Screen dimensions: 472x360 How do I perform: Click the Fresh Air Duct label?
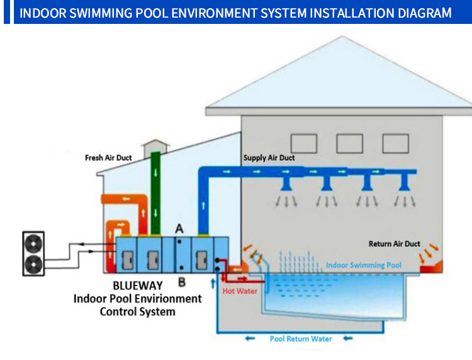(108, 158)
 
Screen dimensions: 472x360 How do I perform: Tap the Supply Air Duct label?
(269, 158)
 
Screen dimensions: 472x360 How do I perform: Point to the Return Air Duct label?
(395, 244)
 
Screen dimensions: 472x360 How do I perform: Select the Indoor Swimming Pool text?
(364, 265)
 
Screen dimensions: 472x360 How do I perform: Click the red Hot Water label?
(240, 291)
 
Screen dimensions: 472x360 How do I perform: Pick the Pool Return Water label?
(301, 339)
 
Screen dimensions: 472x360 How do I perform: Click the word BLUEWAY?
(138, 285)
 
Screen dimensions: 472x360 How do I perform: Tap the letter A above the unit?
(179, 229)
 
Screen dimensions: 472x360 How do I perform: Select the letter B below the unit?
(182, 283)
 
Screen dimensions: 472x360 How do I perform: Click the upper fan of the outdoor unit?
(34, 244)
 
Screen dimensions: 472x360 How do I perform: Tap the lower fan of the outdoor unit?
(34, 264)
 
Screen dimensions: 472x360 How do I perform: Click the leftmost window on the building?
(304, 143)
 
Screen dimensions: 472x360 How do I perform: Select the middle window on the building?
(349, 143)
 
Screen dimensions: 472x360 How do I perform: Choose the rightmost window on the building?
(396, 143)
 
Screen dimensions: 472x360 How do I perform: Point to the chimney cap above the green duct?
(155, 143)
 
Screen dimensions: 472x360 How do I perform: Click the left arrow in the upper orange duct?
(126, 199)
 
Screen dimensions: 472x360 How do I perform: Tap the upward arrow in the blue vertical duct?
(203, 206)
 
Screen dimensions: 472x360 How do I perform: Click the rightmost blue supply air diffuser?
(404, 183)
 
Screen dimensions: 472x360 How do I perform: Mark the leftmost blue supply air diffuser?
(286, 183)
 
